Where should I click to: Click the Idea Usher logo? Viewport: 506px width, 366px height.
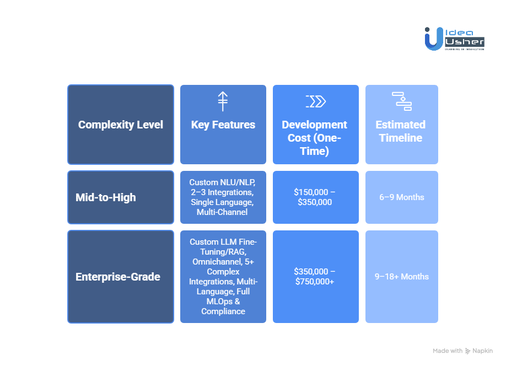click(x=454, y=39)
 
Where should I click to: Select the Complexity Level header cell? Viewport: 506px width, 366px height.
click(x=121, y=125)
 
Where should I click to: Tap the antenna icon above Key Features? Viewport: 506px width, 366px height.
click(x=223, y=101)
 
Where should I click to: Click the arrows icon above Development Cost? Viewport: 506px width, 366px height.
click(x=315, y=101)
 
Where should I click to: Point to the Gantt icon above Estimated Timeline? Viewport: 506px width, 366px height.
click(x=402, y=101)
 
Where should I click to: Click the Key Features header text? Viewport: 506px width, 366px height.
click(x=223, y=125)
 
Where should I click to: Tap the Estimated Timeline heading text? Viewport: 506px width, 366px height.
click(x=402, y=131)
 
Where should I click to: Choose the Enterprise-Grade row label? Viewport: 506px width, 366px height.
click(x=118, y=277)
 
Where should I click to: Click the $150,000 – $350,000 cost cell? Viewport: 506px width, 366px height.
click(x=316, y=197)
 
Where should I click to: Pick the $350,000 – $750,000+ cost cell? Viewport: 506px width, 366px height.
click(x=316, y=277)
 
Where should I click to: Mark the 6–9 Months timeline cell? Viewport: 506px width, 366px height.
click(x=402, y=197)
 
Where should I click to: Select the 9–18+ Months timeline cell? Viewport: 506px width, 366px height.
click(x=402, y=277)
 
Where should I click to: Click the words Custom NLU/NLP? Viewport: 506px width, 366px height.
click(x=223, y=182)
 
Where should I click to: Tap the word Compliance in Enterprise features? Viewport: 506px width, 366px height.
click(x=223, y=311)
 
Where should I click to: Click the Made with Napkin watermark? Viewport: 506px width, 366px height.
click(x=462, y=351)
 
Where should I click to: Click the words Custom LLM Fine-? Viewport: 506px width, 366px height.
click(x=223, y=242)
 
